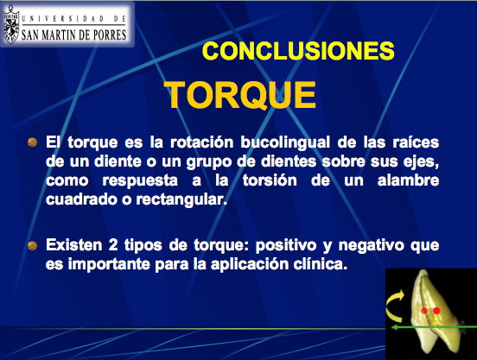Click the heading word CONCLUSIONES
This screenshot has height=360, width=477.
(298, 50)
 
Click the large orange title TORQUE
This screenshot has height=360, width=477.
(239, 94)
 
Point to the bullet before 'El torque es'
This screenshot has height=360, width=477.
(33, 140)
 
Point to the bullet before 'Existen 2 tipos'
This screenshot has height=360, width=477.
(33, 246)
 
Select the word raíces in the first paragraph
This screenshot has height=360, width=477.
(414, 141)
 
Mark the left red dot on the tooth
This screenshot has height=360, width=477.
(425, 309)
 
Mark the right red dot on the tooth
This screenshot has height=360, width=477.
(436, 309)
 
